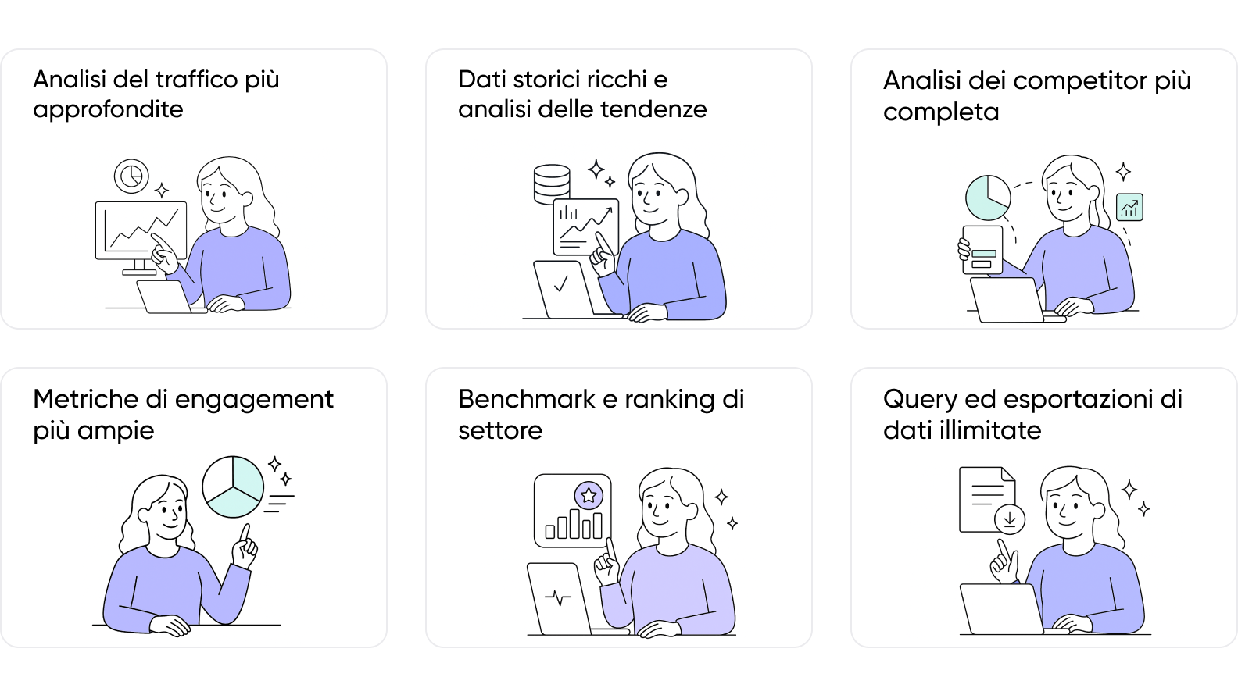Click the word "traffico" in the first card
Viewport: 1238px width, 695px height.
coord(196,80)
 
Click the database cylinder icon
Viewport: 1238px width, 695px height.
coord(552,184)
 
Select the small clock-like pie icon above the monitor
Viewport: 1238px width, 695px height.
coord(131,176)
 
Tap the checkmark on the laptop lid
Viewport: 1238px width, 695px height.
coord(560,284)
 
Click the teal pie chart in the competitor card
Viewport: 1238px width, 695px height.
coord(988,198)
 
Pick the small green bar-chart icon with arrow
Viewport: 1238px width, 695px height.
coord(1129,208)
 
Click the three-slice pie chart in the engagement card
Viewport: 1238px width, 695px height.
coord(233,486)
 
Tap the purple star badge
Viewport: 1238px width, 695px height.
coord(589,495)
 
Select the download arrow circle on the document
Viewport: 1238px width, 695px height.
coord(1009,519)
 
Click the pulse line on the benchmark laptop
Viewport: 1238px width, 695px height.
coord(558,598)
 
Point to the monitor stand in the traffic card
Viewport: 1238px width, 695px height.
coord(139,267)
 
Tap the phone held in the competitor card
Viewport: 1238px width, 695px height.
coord(982,250)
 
